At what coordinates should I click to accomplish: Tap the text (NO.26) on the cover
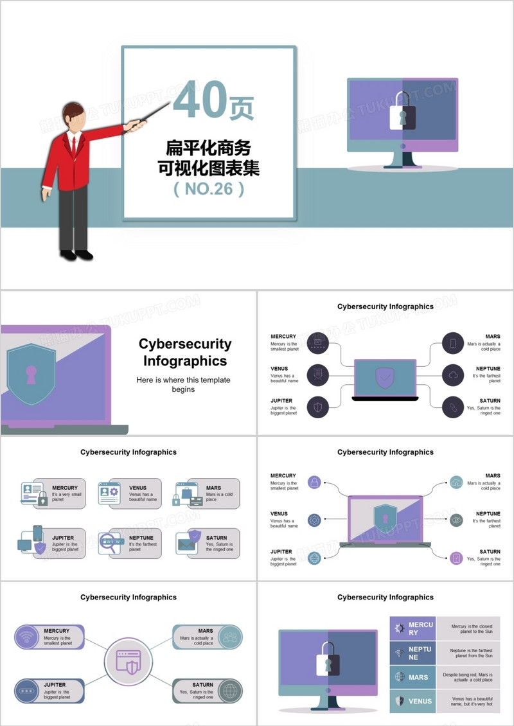(209, 189)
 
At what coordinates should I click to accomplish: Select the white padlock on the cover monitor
(402, 114)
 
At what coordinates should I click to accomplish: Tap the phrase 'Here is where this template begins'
(183, 384)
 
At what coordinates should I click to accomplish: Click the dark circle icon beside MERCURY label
(317, 342)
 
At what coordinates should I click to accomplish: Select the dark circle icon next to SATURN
(453, 407)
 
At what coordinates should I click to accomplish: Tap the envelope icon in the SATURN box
(186, 544)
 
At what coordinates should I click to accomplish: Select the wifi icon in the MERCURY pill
(27, 637)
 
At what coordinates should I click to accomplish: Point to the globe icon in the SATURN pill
(229, 691)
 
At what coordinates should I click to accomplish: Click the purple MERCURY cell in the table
(412, 628)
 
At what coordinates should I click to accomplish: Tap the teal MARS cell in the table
(412, 677)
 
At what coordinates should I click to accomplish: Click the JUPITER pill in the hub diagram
(49, 691)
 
